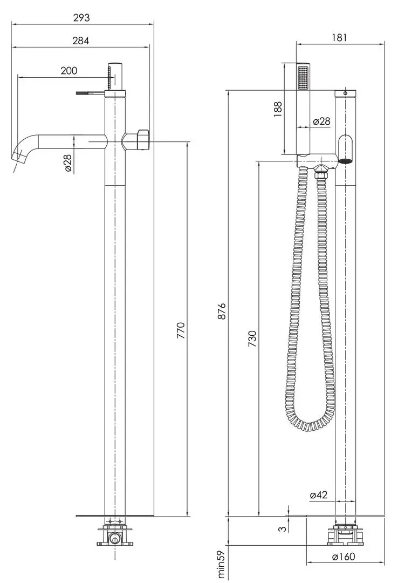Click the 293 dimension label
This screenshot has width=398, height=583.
[x=81, y=17]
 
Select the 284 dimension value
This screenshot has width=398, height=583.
[x=81, y=40]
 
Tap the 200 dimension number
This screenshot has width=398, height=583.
[x=68, y=71]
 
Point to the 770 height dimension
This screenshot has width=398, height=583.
[x=181, y=330]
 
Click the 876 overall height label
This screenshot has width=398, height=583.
[x=222, y=311]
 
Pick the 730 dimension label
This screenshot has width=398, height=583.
[x=252, y=338]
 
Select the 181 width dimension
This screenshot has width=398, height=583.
[x=339, y=37]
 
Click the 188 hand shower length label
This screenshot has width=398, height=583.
[x=278, y=109]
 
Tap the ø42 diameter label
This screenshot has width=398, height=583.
[x=318, y=495]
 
